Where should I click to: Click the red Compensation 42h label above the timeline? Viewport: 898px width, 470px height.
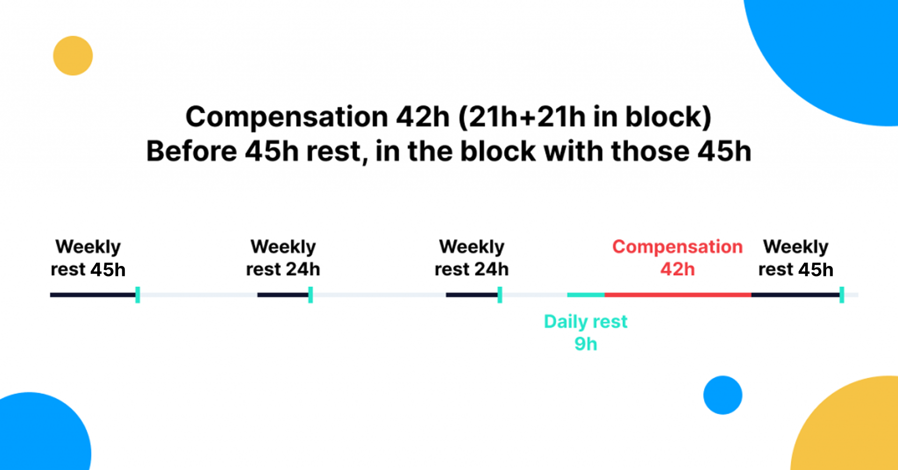[677, 258]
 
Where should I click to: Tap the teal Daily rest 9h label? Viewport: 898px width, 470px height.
[586, 333]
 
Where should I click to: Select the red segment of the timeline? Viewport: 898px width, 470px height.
[678, 295]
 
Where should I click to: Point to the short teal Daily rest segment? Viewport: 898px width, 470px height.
[586, 295]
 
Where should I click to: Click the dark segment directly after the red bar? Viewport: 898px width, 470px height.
[796, 295]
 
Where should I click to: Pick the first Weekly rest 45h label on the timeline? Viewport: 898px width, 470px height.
[88, 258]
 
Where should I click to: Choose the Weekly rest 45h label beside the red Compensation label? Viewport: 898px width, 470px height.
[796, 258]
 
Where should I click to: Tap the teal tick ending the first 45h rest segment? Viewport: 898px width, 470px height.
[138, 295]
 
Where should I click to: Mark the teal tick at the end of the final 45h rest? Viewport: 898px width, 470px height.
[842, 295]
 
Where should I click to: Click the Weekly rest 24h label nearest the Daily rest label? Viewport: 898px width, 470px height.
[471, 258]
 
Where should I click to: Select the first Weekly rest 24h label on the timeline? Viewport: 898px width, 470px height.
[283, 258]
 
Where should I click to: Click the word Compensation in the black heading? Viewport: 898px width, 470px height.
[287, 117]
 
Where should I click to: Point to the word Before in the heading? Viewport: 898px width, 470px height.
[192, 151]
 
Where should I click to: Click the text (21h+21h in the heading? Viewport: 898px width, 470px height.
[522, 117]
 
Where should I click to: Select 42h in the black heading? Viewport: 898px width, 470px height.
[423, 117]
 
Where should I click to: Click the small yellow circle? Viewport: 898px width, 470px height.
[73, 55]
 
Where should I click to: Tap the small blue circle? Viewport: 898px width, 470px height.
[723, 395]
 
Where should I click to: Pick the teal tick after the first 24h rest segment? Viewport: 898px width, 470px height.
[310, 295]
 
